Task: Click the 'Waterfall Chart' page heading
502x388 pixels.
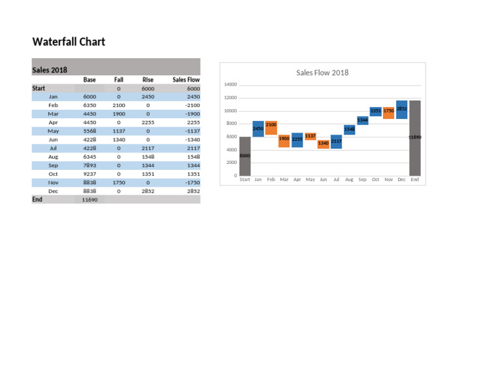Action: point(69,42)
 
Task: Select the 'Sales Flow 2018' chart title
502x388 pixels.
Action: point(322,73)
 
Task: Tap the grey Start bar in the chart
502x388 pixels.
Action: point(244,156)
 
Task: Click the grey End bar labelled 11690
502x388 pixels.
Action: point(414,138)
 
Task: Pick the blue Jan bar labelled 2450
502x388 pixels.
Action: point(258,129)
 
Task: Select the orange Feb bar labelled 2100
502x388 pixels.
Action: point(271,128)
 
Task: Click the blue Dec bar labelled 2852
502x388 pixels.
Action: point(401,110)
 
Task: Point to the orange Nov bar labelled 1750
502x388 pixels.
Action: point(388,113)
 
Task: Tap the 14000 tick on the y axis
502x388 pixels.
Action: point(230,84)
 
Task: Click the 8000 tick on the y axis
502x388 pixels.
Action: point(231,123)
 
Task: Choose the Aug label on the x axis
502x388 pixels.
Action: point(349,179)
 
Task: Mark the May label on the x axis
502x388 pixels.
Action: point(310,179)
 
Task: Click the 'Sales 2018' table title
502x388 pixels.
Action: point(50,70)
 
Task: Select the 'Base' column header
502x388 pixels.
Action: point(90,80)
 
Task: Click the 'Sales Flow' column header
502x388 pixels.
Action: point(186,80)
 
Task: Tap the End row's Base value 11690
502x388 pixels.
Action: point(90,200)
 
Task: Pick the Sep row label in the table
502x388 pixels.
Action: point(53,165)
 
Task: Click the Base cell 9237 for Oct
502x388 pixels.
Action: point(90,174)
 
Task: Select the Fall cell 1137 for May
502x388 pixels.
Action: point(118,131)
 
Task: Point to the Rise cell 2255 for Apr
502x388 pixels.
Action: point(148,122)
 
